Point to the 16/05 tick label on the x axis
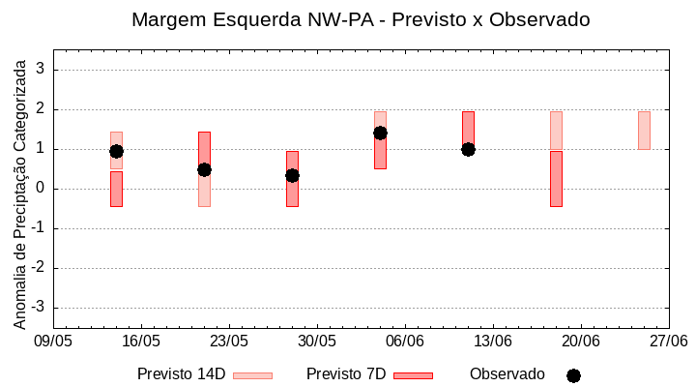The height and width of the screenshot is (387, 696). coord(141,342)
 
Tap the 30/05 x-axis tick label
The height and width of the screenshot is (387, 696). coord(317,342)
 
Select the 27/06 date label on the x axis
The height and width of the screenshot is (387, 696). coord(668,342)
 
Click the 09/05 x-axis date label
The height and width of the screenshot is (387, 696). coord(53,342)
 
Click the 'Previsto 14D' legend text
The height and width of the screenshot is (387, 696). coord(181,374)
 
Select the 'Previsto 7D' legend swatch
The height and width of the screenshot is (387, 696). coord(413,375)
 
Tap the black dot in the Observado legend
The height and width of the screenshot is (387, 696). coord(573,375)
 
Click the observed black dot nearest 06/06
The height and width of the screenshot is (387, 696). coord(380,133)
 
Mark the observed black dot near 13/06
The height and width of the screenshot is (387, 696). coord(468,149)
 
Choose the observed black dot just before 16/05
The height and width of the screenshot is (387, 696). coord(116,151)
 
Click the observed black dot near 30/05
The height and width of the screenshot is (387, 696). coord(292,175)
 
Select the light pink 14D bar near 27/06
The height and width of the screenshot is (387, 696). coord(644,131)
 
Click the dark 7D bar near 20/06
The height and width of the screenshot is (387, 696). coord(556,179)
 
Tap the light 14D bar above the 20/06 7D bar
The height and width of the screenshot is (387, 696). coord(556,131)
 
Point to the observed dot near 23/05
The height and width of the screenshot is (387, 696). coord(204,169)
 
